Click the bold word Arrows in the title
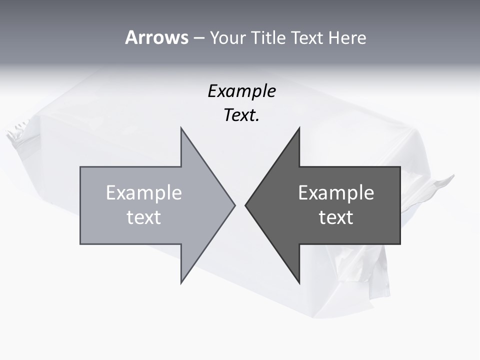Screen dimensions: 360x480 point(156,38)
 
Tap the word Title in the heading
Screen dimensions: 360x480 point(269,38)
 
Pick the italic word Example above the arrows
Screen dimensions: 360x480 point(241,91)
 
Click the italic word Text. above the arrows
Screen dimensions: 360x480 point(241,115)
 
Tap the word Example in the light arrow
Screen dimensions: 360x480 point(144,193)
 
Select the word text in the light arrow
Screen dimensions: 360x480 point(144,217)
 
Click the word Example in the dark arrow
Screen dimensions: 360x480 point(336,193)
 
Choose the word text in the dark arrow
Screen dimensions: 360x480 point(336,217)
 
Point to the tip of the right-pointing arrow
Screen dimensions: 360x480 point(234,205)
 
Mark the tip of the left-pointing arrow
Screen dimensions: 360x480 point(246,205)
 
